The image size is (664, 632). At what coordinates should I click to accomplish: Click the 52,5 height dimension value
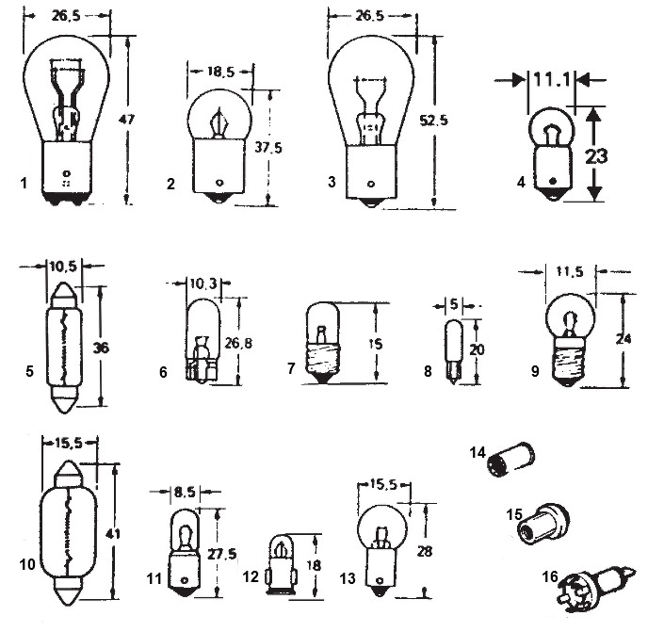point(433,121)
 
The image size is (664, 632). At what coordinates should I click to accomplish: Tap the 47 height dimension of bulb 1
point(126,119)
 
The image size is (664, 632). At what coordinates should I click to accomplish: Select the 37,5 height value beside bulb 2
point(268,148)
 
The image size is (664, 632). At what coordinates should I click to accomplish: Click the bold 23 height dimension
point(596,156)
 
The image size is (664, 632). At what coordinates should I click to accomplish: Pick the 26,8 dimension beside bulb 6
point(238,343)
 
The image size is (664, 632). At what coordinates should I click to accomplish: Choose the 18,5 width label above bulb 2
point(219,72)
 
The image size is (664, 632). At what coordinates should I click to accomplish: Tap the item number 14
point(478,452)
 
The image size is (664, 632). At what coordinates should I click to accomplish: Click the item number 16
point(550,576)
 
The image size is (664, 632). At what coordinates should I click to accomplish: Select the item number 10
point(27,564)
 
